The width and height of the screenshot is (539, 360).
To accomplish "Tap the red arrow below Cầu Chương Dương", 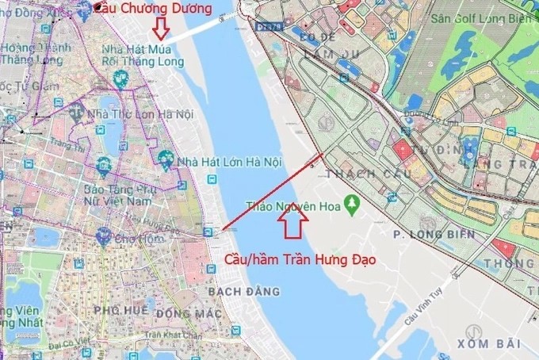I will pos(161,28).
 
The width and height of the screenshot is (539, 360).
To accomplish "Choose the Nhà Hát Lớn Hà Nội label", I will pos(230,162).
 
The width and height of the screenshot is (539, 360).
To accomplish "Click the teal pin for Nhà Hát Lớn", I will pos(164,159).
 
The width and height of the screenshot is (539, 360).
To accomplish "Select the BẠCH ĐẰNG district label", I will pos(243,292).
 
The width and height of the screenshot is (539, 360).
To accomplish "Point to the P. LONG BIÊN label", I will pos(434,234).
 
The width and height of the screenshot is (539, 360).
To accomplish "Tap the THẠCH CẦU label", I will pos(354,173).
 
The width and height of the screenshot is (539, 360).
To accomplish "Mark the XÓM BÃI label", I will pos(488,342).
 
